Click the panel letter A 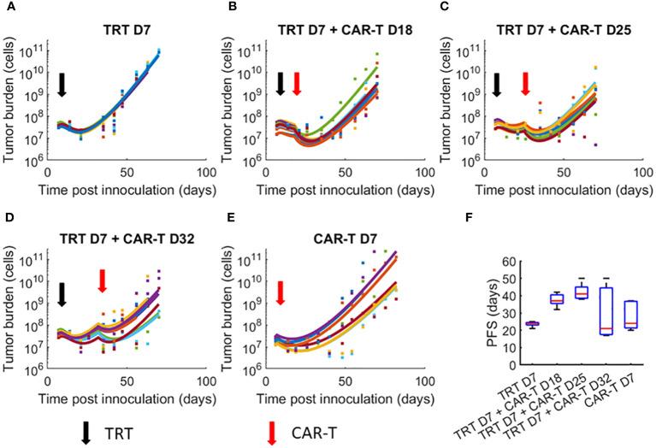(x=6, y=8)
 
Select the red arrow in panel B (x=296, y=83)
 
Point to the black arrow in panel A (x=62, y=84)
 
